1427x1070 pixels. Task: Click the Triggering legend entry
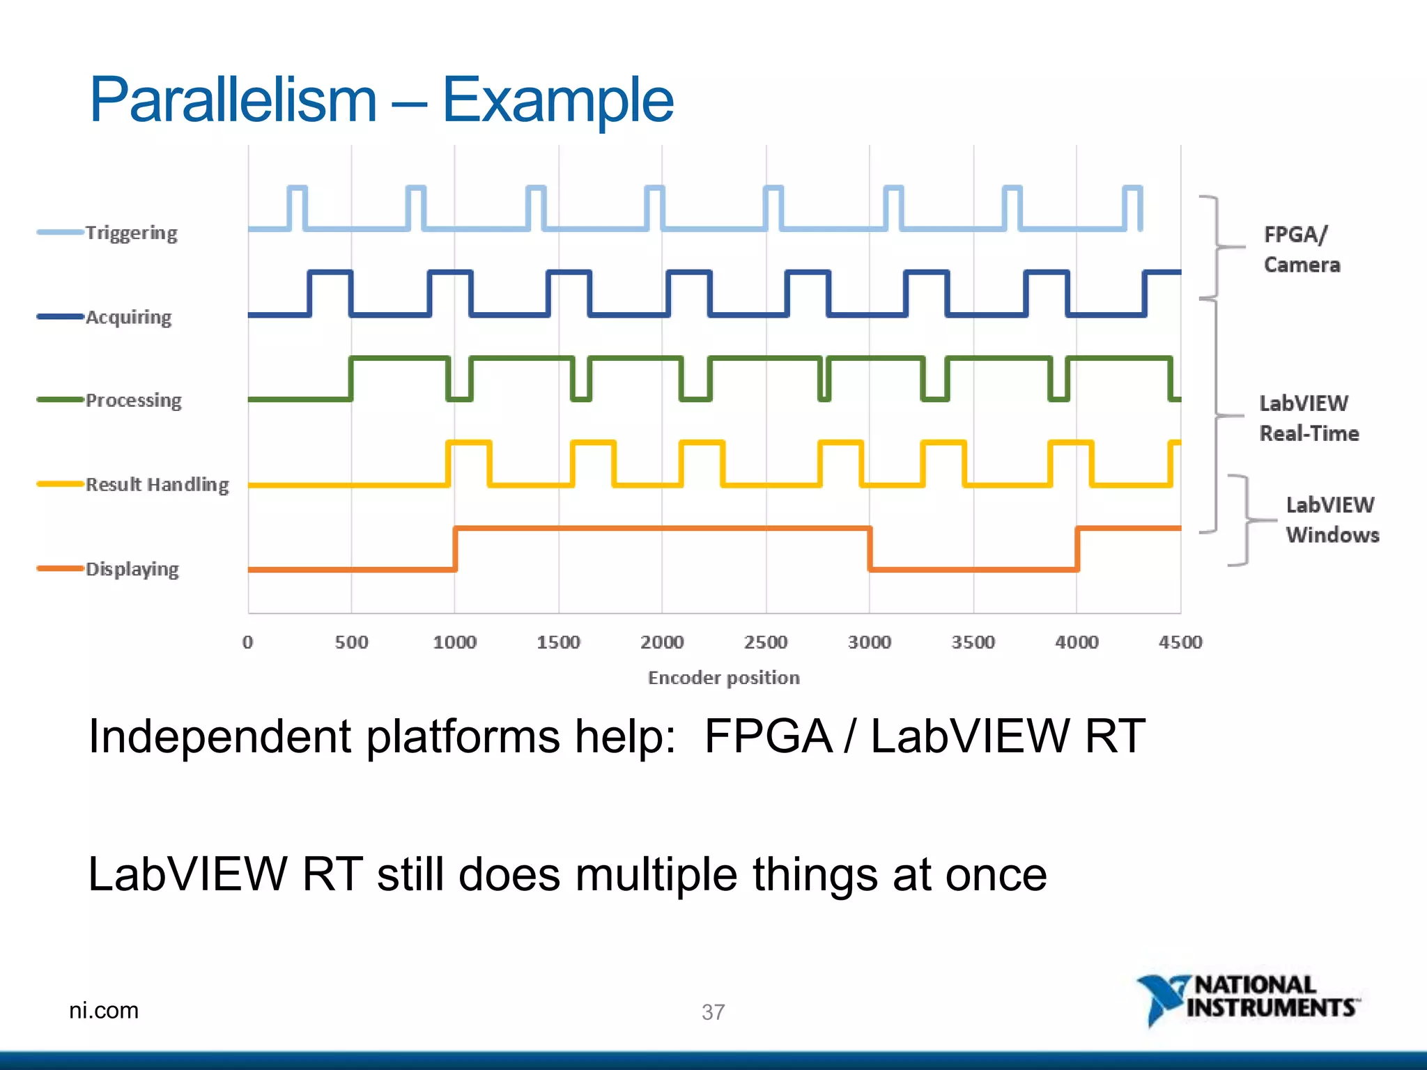tap(131, 233)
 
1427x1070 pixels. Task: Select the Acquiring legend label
tap(128, 317)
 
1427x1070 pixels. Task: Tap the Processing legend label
tap(133, 401)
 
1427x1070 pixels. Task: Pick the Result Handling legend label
tap(157, 484)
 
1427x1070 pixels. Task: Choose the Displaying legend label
tap(132, 569)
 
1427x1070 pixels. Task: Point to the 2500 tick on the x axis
tap(765, 642)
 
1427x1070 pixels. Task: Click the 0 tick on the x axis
tap(247, 642)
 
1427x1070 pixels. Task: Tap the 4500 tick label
tap(1180, 642)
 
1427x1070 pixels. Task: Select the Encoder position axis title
tap(723, 678)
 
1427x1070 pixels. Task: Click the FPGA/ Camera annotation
tap(1301, 249)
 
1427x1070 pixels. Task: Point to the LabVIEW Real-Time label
tap(1309, 418)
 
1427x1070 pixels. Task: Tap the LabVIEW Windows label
tap(1332, 520)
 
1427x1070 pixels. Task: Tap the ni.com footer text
tap(104, 1010)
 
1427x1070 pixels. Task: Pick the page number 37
tap(713, 1011)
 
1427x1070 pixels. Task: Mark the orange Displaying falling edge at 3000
tap(870, 549)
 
